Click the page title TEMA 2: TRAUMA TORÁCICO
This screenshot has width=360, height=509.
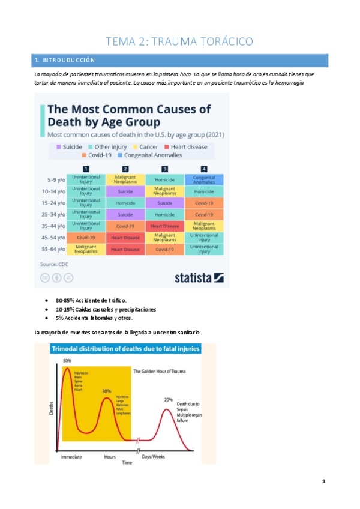[x=179, y=41]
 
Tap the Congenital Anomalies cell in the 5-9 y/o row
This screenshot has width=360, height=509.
[x=204, y=179]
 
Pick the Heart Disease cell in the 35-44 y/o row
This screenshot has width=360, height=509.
[x=164, y=226]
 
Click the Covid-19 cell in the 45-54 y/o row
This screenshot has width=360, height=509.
[x=86, y=238]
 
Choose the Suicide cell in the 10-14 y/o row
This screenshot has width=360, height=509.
[x=125, y=191]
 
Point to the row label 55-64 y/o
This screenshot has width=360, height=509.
[x=53, y=249]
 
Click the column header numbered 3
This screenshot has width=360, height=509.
[x=164, y=169]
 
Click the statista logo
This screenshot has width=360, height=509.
[x=199, y=277]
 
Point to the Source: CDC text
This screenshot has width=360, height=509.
[x=53, y=264]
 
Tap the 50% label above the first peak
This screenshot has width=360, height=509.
[x=68, y=360]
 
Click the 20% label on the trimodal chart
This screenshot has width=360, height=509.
[x=169, y=399]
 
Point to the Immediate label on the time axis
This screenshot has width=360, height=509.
[x=71, y=457]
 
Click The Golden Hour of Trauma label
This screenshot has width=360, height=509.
[x=159, y=371]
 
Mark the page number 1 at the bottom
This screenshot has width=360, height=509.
[x=324, y=481]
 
